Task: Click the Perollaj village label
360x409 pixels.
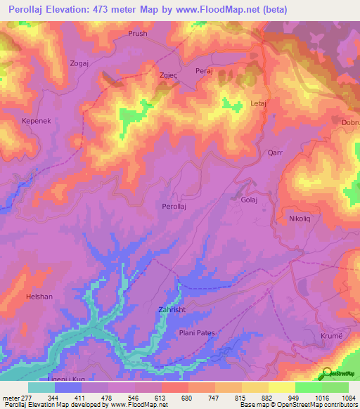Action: click(x=175, y=207)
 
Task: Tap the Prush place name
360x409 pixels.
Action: click(x=138, y=33)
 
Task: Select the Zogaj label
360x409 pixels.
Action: click(x=79, y=63)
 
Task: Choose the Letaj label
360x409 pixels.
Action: click(x=260, y=104)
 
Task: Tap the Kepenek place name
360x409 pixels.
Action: click(x=32, y=121)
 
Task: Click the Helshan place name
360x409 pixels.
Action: click(x=39, y=297)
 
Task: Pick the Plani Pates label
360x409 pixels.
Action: click(x=196, y=332)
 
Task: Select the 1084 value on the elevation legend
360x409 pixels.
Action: click(x=349, y=398)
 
